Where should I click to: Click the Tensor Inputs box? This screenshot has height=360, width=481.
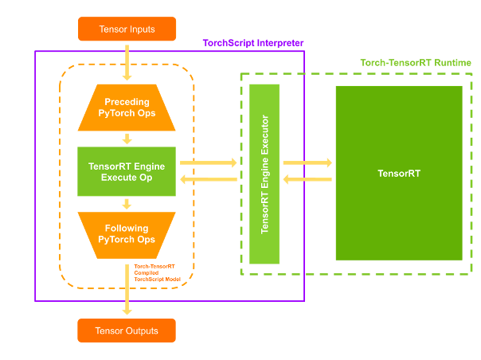[x=127, y=29]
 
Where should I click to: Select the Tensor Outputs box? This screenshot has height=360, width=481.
[x=127, y=331]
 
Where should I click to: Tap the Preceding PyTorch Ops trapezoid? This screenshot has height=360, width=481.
[x=127, y=108]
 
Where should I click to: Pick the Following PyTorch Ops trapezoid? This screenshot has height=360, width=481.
[x=127, y=236]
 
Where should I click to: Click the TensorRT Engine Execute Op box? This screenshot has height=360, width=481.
[x=127, y=171]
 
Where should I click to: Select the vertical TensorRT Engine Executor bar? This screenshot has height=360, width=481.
[x=264, y=174]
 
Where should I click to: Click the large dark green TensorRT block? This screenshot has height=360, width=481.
[x=399, y=173]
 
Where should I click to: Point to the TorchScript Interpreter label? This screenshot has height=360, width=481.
[x=253, y=43]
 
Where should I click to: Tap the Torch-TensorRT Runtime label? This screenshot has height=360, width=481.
[x=416, y=63]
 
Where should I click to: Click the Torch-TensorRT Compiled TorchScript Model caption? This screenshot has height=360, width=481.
[x=158, y=273]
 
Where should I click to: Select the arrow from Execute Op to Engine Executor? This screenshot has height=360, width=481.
[x=209, y=162]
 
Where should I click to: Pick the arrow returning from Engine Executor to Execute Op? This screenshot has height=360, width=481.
[x=209, y=179]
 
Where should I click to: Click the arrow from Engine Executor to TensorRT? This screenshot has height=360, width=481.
[x=307, y=162]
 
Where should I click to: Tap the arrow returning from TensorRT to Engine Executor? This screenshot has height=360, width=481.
[x=307, y=179]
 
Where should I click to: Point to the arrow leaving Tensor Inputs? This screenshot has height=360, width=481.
[x=127, y=63]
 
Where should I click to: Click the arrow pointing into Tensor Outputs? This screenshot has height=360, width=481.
[x=127, y=290]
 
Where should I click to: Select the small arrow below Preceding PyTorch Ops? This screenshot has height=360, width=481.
[x=127, y=139]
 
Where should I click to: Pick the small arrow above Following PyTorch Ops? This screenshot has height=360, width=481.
[x=127, y=204]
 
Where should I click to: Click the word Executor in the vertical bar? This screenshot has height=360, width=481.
[x=264, y=135]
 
